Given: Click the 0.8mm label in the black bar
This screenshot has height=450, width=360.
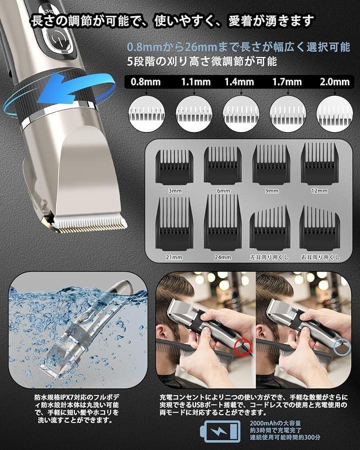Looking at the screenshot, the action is pyautogui.click(x=145, y=82).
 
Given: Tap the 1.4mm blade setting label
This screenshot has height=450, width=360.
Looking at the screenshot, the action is pyautogui.click(x=239, y=82).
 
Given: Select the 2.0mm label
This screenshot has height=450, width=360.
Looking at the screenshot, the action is pyautogui.click(x=334, y=82).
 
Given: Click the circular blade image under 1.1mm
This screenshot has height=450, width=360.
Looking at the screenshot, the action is pyautogui.click(x=194, y=114).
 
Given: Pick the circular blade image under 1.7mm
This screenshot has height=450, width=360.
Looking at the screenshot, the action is pyautogui.click(x=287, y=114).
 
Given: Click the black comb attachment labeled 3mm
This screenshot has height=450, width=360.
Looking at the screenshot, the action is pyautogui.click(x=174, y=167).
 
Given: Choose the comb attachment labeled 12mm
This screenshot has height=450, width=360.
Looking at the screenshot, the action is pyautogui.click(x=319, y=164).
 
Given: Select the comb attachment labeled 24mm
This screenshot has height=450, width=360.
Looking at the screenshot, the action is pyautogui.click(x=223, y=222).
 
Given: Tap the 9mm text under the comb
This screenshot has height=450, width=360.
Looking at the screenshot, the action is pyautogui.click(x=271, y=191).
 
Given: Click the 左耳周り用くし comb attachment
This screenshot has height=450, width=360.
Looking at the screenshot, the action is pyautogui.click(x=269, y=228).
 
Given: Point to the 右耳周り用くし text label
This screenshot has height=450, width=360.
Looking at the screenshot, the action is pyautogui.click(x=320, y=257).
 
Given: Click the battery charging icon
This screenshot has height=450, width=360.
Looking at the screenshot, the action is pyautogui.click(x=220, y=431).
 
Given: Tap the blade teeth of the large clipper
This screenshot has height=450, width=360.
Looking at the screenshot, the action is pyautogui.click(x=89, y=224).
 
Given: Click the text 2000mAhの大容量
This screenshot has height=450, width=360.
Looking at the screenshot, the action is pyautogui.click(x=275, y=423).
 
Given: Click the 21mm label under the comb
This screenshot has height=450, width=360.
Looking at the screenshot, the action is pyautogui.click(x=174, y=257).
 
